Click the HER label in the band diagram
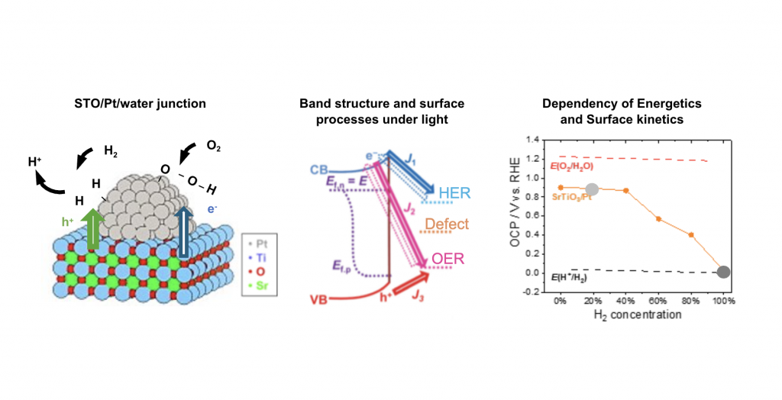(x=453, y=193)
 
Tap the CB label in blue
(x=320, y=167)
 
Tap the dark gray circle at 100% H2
(x=724, y=272)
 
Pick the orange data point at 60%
(x=658, y=219)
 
